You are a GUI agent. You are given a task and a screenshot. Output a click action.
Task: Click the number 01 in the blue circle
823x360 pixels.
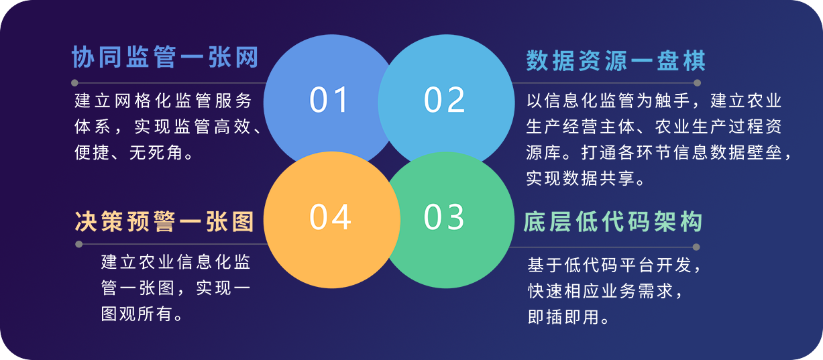[329, 99]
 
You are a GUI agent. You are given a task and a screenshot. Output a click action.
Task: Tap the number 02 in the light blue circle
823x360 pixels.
[444, 99]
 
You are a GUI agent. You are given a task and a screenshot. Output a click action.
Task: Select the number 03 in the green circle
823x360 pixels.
[444, 217]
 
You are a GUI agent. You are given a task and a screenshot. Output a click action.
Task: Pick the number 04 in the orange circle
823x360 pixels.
[330, 217]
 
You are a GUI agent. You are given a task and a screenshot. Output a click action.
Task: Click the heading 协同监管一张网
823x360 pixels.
[165, 57]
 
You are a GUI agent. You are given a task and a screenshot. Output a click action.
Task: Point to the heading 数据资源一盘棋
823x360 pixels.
[616, 60]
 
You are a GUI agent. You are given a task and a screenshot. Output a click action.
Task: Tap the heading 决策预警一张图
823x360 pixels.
[164, 221]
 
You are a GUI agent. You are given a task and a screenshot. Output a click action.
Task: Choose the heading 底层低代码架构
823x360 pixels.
[613, 221]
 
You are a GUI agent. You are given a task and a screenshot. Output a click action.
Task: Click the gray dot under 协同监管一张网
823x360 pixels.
[74, 82]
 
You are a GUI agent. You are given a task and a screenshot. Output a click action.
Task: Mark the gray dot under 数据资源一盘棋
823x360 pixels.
[697, 82]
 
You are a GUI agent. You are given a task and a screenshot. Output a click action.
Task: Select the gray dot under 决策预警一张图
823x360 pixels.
[78, 244]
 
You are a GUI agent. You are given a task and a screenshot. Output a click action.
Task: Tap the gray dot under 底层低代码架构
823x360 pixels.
[696, 247]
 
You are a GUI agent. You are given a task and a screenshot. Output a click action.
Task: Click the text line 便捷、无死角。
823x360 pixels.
[134, 152]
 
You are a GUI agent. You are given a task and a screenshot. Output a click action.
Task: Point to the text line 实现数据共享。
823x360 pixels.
[586, 178]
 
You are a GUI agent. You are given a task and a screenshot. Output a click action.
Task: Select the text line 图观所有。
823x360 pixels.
[142, 314]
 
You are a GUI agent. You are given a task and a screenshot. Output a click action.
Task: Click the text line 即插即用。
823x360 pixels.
[569, 317]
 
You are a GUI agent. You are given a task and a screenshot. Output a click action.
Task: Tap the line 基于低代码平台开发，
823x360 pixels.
[614, 265]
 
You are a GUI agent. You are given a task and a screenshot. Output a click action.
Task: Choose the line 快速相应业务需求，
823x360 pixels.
[606, 291]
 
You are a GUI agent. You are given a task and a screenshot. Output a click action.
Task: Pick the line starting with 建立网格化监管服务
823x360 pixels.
[163, 101]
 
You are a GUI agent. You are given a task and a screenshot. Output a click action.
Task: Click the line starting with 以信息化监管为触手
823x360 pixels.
[654, 101]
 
